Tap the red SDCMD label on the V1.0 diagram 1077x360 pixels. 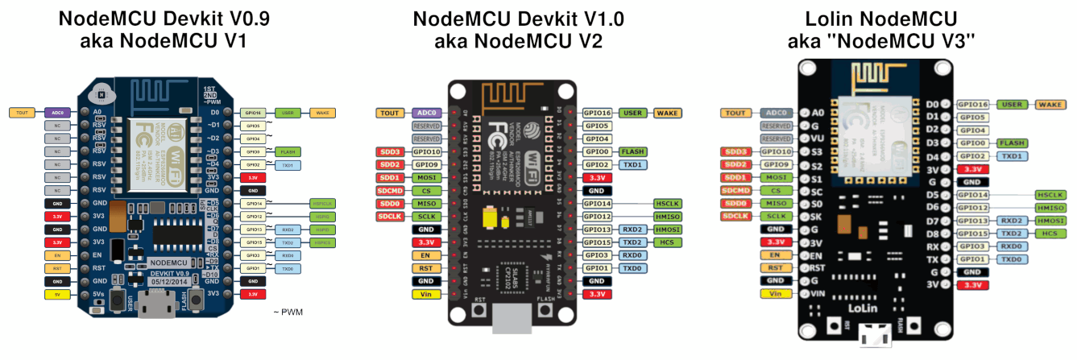tap(390, 191)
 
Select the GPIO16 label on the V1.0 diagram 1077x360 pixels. tap(597, 113)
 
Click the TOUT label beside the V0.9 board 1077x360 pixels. tap(23, 113)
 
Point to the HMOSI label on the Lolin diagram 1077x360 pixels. tap(1050, 221)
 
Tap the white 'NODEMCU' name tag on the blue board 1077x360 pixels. tap(168, 263)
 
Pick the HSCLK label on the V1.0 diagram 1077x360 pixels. tap(668, 204)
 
